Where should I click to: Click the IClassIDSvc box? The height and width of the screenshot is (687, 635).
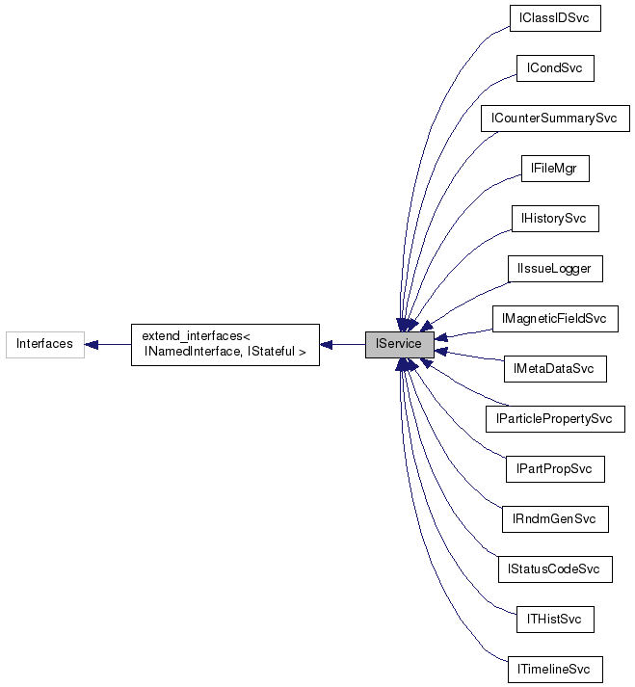tap(554, 18)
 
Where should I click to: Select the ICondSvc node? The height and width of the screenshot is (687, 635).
tap(554, 68)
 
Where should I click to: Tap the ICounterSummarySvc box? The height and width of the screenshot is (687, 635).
tap(554, 119)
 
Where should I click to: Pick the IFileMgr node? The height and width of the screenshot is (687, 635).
tap(554, 169)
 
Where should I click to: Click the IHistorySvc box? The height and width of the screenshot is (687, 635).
tap(554, 219)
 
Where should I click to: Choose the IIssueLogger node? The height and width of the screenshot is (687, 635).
tap(554, 269)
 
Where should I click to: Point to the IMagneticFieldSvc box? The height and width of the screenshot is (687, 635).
tap(554, 319)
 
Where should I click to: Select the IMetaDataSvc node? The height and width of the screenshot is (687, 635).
tap(554, 369)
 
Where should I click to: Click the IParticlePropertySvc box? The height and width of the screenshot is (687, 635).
tap(554, 419)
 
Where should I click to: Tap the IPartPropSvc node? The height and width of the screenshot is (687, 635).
tap(554, 469)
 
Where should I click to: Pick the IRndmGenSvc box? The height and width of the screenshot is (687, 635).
tap(554, 519)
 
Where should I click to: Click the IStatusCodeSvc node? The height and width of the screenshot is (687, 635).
tap(554, 569)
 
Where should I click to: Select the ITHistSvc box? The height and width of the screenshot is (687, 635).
tap(554, 620)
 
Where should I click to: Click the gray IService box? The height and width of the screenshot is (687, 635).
tap(399, 344)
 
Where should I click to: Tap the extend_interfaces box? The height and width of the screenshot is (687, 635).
tap(225, 344)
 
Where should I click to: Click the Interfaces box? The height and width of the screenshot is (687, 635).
tap(44, 344)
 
